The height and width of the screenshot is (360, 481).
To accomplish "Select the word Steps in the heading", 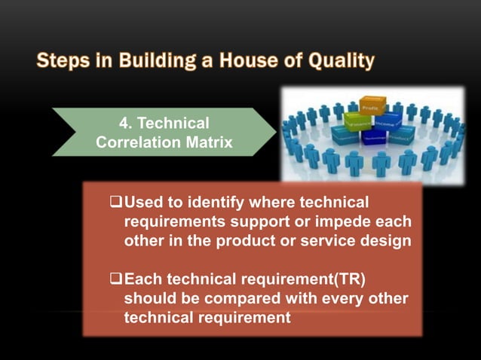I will click(62, 60).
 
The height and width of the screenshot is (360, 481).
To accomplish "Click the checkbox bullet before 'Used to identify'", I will click(115, 203).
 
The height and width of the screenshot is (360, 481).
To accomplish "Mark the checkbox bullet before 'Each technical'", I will click(115, 280).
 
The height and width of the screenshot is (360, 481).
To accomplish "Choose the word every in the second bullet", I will click(331, 299).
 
